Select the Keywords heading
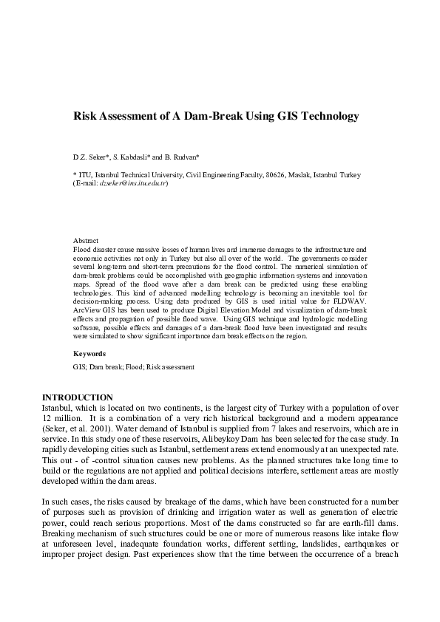(89, 354)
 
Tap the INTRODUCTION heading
(78, 397)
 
